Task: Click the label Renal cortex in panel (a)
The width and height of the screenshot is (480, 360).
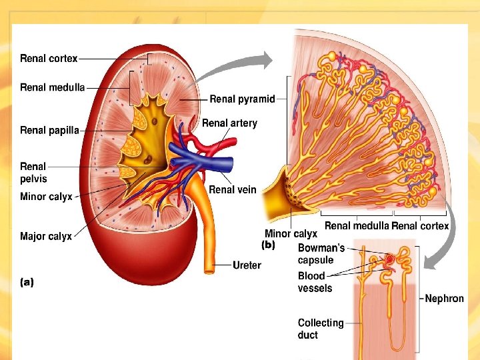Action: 49,59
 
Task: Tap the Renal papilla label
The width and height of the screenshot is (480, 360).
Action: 49,130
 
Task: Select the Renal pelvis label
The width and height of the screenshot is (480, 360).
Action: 33,172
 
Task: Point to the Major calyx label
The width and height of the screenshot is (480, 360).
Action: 45,236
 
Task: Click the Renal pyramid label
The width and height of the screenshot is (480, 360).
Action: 242,99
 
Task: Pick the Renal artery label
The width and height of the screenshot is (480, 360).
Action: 229,123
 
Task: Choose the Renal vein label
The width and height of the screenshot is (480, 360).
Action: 232,190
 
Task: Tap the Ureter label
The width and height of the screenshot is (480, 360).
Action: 247,265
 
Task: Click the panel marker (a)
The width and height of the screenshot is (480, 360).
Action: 27,282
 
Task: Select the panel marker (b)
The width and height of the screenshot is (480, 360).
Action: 268,245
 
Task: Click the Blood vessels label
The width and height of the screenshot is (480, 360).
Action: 315,281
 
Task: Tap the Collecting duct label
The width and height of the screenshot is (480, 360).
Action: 321,329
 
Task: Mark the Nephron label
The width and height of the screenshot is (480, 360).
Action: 444,299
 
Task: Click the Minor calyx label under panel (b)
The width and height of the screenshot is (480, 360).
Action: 291,234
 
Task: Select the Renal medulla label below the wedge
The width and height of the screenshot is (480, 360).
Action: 356,226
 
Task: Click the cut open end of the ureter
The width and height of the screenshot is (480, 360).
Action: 211,269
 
